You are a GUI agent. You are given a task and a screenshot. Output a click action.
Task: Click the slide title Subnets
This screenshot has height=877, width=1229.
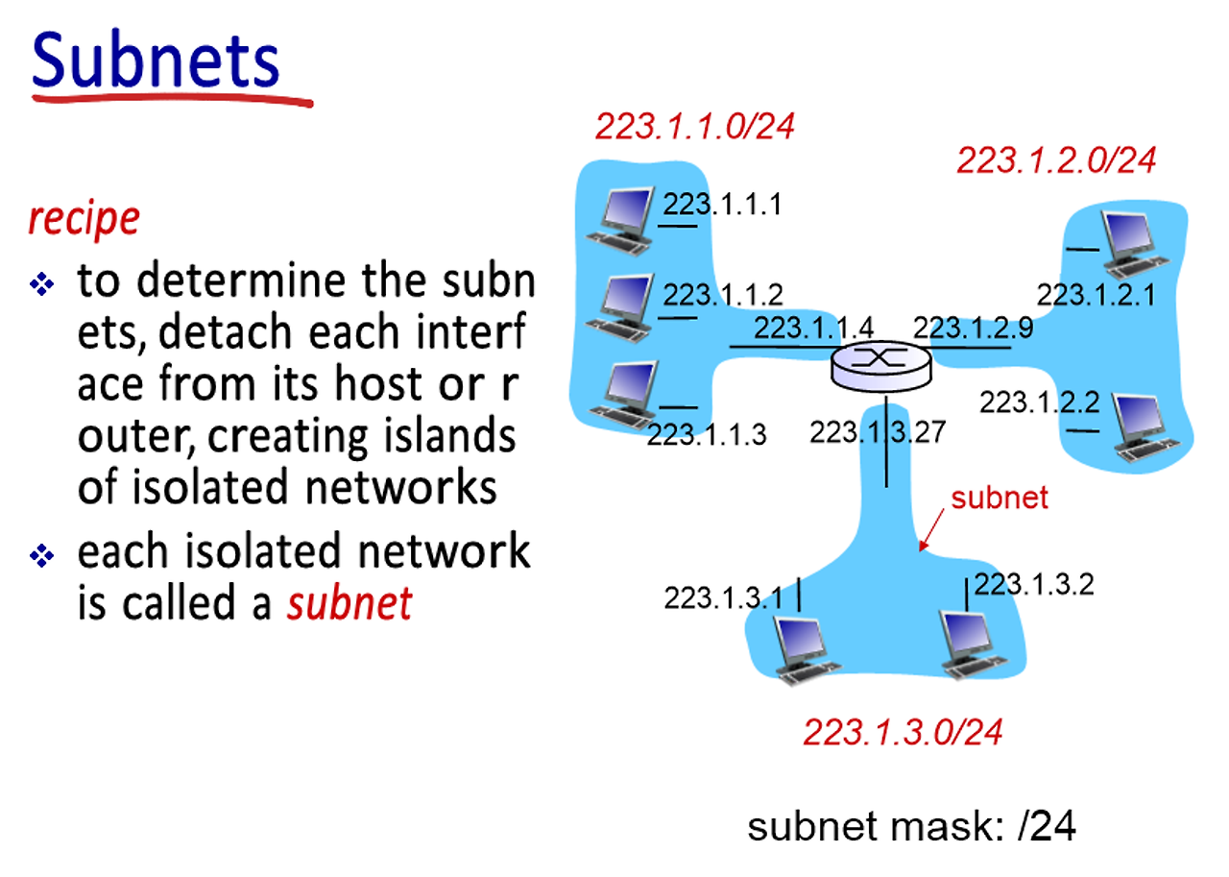click(x=156, y=60)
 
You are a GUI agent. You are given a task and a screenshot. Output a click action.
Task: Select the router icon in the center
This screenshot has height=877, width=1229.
click(x=881, y=366)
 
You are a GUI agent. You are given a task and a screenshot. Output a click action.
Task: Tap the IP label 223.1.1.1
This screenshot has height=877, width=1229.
click(x=723, y=205)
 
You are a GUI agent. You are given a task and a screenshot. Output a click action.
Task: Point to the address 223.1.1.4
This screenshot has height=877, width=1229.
click(x=813, y=328)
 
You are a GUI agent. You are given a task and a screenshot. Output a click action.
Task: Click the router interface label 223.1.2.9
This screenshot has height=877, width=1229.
click(x=973, y=328)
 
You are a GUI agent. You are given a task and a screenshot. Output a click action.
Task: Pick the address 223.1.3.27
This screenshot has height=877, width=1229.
click(x=878, y=431)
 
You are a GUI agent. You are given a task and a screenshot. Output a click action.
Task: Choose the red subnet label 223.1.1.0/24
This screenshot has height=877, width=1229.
click(x=695, y=126)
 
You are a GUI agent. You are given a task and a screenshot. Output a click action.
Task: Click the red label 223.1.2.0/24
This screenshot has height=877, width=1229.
click(x=1056, y=160)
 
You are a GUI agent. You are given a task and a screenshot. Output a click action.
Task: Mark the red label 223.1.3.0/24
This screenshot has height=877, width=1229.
click(x=903, y=733)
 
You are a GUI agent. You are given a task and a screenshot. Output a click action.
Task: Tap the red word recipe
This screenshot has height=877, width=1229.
click(x=84, y=219)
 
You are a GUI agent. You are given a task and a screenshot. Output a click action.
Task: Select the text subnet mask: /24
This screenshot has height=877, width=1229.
click(x=911, y=827)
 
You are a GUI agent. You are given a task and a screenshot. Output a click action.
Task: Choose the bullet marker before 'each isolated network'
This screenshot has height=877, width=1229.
click(x=41, y=556)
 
